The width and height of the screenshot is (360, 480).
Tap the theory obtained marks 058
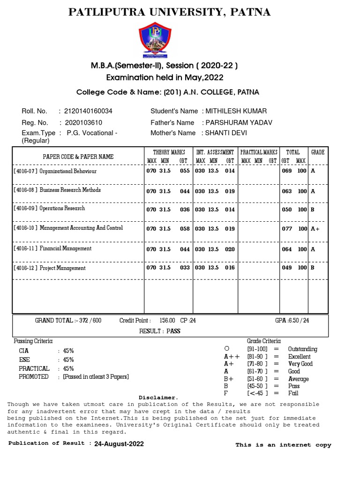pos(185,229)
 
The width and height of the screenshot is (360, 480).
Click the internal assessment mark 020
pos(230,249)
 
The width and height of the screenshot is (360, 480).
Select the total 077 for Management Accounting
pos(286,229)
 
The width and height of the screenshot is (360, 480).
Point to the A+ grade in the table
pos(315,229)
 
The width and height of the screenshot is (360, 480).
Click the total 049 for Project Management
pos(286,268)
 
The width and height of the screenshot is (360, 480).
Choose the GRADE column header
pos(317,152)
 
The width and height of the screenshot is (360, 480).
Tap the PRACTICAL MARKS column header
pos(259,152)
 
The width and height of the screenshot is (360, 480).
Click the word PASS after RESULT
pos(173,331)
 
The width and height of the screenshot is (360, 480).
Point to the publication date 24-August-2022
pos(119,444)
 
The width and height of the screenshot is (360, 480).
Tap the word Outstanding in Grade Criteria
pos(302,349)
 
